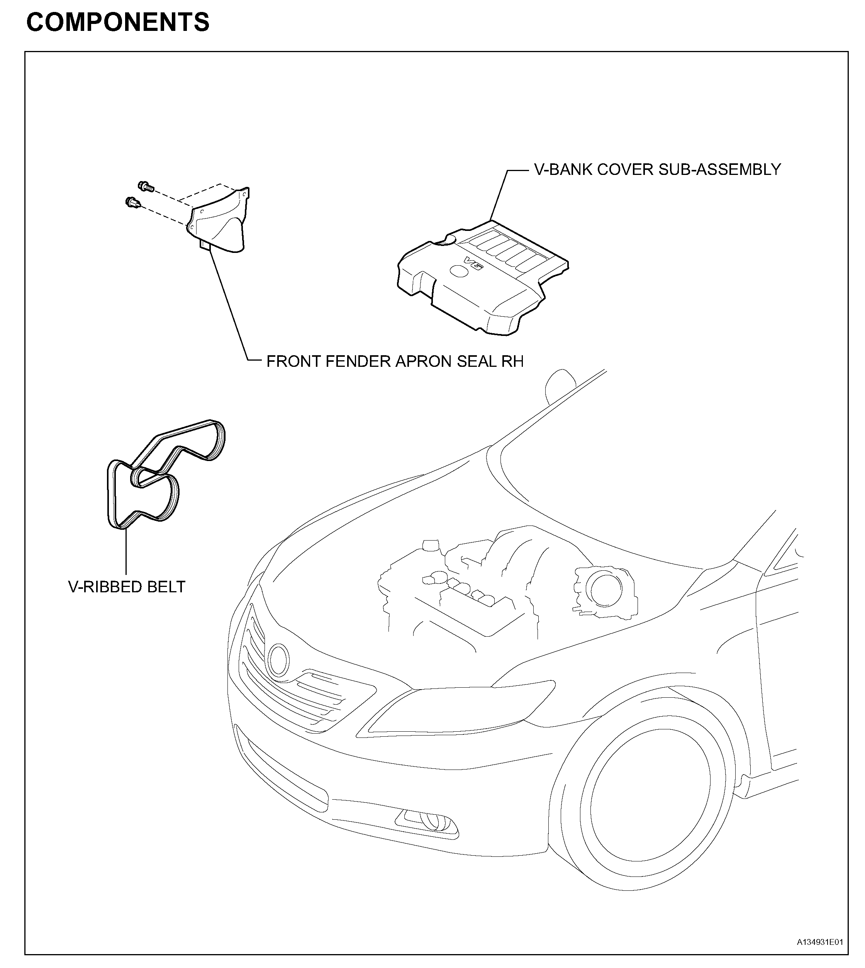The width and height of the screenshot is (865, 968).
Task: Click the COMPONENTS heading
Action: pyautogui.click(x=118, y=22)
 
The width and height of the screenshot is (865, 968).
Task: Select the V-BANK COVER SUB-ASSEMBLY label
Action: pyautogui.click(x=657, y=170)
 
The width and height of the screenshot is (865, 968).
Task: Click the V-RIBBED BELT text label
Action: pyautogui.click(x=126, y=587)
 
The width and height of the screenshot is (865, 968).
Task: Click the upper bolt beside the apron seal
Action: pyautogui.click(x=144, y=187)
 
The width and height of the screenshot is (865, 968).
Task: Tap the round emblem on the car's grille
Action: pyautogui.click(x=278, y=661)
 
